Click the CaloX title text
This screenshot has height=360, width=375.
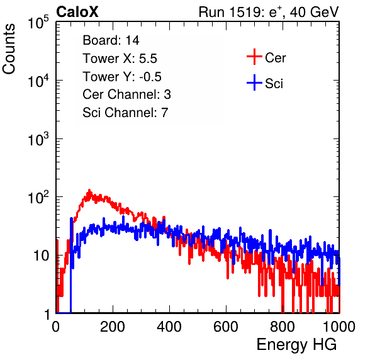pos(77,12)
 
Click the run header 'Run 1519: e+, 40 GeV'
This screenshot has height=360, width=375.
pos(269,12)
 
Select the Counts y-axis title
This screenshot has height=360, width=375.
pos(9,49)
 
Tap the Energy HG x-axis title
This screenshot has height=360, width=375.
pos(296,344)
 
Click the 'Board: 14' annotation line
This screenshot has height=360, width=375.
pos(111,40)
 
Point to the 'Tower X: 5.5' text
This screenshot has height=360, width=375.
pos(120,59)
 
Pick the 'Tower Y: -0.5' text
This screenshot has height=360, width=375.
pos(122,77)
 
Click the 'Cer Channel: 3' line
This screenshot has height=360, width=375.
pos(126,94)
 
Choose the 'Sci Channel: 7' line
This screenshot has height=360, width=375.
pos(125,113)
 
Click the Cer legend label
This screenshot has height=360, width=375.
pos(275,58)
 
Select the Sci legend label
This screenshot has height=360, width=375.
pos(274,84)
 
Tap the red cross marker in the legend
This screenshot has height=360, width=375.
pos(254,57)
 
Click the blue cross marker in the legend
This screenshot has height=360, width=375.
pos(254,83)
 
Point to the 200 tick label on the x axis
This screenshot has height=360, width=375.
pos(113,327)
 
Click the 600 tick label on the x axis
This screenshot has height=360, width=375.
pos(226,327)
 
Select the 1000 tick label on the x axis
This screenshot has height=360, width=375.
pos(339,327)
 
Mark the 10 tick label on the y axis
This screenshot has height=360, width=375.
pos(41,256)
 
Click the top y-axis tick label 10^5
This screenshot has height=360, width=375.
pos(38,22)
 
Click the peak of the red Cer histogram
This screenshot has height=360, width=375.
pos(89,191)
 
